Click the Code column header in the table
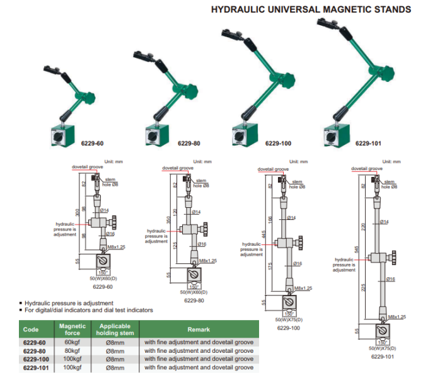[x=31, y=329]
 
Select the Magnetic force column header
[x=72, y=329]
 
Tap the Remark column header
[x=199, y=329]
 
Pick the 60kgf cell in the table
[x=72, y=342]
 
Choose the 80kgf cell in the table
[x=72, y=350]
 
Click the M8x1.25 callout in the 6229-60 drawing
[x=115, y=248]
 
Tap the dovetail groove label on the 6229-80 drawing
[x=177, y=169]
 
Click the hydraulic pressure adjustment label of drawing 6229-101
[x=345, y=265]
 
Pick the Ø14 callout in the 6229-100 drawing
[x=291, y=217]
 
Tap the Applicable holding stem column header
[x=115, y=329]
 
